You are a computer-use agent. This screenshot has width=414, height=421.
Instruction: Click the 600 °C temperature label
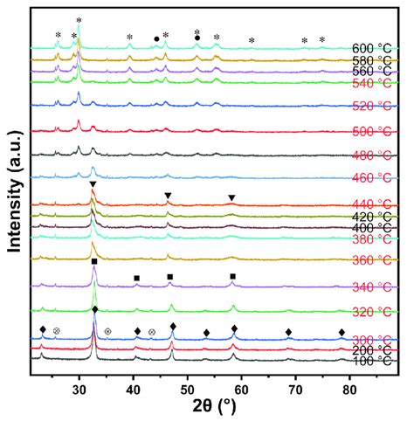click(x=369, y=48)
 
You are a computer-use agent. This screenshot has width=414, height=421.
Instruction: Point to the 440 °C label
click(x=369, y=204)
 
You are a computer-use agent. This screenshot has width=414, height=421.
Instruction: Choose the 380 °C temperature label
click(x=369, y=238)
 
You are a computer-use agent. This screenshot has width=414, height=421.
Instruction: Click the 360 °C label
click(x=369, y=260)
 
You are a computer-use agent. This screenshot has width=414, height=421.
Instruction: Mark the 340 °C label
click(x=369, y=286)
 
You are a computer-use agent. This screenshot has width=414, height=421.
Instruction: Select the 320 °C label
click(x=369, y=312)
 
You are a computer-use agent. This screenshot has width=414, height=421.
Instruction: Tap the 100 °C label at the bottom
click(x=369, y=360)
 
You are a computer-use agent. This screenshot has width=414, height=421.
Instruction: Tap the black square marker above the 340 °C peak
click(x=94, y=262)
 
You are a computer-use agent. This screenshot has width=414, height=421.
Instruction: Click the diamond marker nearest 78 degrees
click(x=342, y=332)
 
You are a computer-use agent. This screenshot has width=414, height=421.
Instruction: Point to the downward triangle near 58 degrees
click(x=231, y=198)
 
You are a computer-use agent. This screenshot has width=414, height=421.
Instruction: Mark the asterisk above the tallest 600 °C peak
click(x=79, y=20)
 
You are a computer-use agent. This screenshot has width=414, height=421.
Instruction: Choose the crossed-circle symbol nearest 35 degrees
click(x=107, y=332)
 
